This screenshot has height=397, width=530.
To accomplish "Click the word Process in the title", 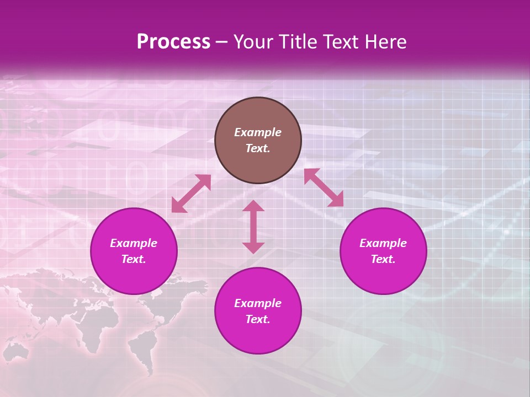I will click(173, 42).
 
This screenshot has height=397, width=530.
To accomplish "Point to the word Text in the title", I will click(342, 42).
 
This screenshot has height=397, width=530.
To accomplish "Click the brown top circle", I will click(258, 110).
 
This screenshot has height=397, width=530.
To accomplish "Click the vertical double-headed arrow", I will click(253, 227).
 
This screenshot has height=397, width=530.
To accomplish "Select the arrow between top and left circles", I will click(191, 194).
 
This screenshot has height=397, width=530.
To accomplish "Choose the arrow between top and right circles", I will click(324, 187).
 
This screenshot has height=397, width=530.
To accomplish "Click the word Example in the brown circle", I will click(258, 132).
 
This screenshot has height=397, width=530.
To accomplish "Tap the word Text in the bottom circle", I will click(258, 319).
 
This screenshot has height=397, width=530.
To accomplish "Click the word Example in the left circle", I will click(134, 243).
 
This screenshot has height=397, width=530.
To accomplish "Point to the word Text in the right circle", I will click(383, 259).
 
